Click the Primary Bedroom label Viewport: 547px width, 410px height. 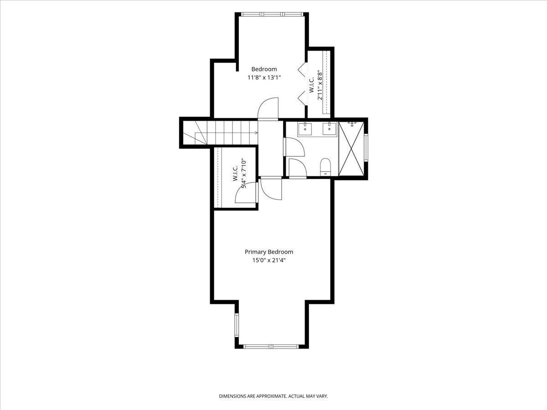click(268, 252)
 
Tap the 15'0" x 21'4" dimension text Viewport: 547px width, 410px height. click(268, 261)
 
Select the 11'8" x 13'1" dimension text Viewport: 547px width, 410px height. click(264, 77)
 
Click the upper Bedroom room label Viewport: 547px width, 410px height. click(264, 69)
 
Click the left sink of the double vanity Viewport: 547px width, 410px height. click(305, 129)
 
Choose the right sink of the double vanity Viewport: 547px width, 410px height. click(330, 129)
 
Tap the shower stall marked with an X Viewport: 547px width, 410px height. click(351, 149)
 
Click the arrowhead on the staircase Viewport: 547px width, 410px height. click(256, 133)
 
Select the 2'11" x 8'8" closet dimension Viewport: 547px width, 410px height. click(320, 85)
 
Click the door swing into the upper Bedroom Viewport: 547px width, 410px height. click(268, 109)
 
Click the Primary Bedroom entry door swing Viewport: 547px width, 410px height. click(271, 189)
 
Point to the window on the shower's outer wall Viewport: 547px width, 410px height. click(366, 148)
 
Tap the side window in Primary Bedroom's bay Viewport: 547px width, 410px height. click(237, 325)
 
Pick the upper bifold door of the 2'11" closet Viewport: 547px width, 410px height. click(302, 69)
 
